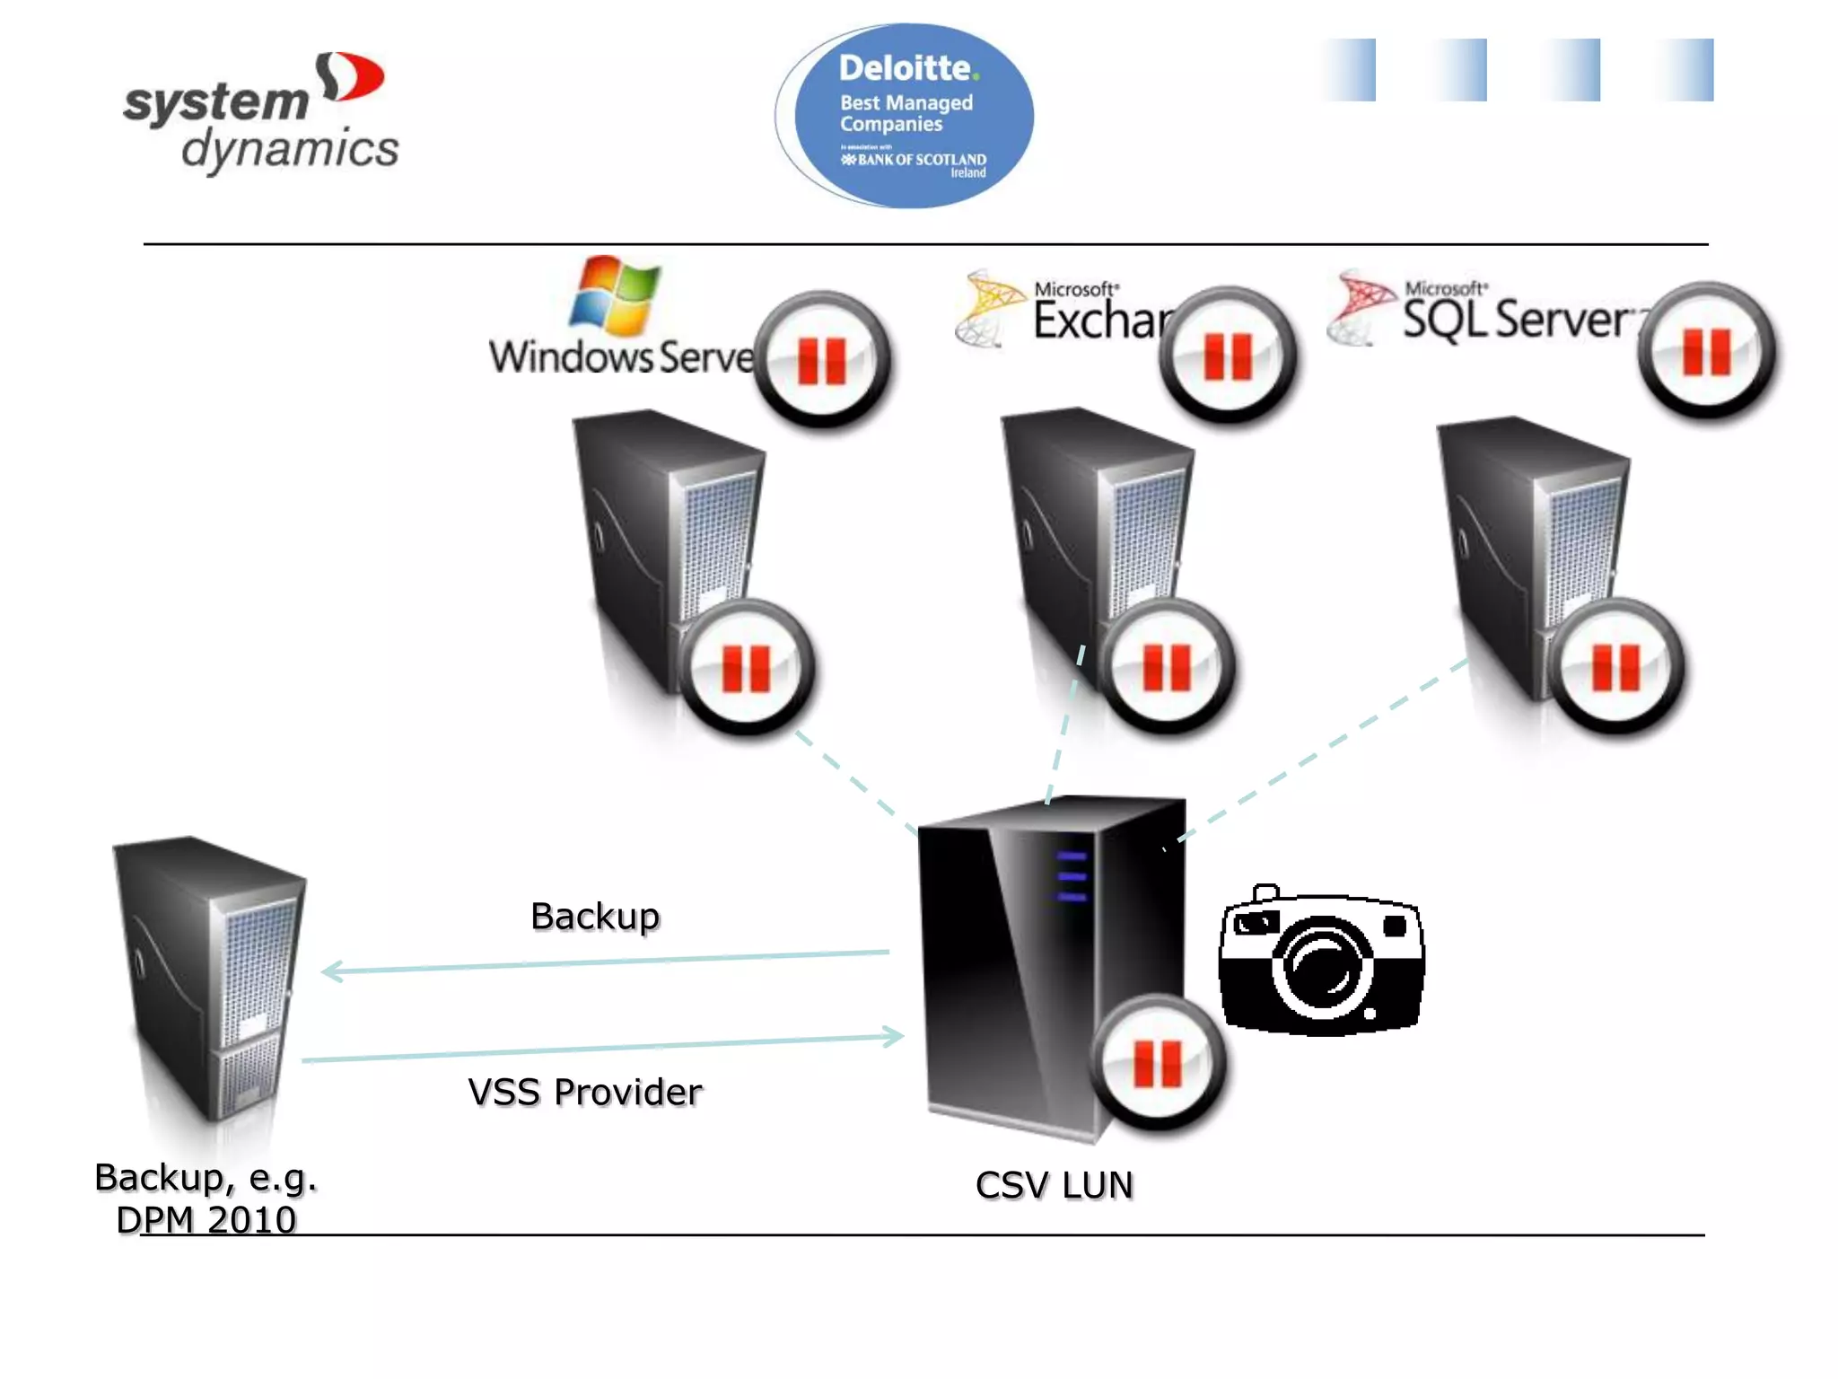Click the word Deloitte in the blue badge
[906, 68]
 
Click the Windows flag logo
[616, 294]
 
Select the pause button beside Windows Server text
[822, 359]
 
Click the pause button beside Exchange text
[1228, 356]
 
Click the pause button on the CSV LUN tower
[1158, 1063]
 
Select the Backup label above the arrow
[595, 916]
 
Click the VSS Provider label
[585, 1092]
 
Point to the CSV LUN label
[1054, 1185]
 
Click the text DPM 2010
[206, 1219]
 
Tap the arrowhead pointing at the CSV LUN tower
[894, 1036]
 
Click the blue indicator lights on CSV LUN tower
[1072, 876]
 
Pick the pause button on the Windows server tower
[747, 668]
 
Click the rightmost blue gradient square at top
[1687, 70]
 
